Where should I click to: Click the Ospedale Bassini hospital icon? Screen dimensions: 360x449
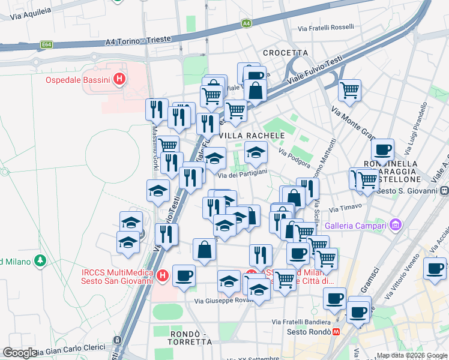tap(120, 79)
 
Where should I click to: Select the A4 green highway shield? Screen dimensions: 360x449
tap(246, 23)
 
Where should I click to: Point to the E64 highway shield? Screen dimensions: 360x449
tap(46, 44)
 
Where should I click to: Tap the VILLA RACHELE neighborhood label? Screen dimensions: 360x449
tap(250, 136)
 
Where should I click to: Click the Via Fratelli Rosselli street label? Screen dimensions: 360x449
tap(326, 28)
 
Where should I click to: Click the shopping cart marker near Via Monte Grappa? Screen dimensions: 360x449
tap(349, 91)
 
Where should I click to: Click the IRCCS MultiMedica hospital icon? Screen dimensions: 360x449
tap(163, 276)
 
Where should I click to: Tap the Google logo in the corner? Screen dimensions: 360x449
tap(20, 353)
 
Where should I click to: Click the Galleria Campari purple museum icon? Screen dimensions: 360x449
tap(395, 226)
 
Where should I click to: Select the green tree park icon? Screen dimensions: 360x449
tap(40, 261)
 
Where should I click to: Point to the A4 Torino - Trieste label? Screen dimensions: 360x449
tap(137, 41)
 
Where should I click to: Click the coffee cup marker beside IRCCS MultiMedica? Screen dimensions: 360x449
tap(184, 275)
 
